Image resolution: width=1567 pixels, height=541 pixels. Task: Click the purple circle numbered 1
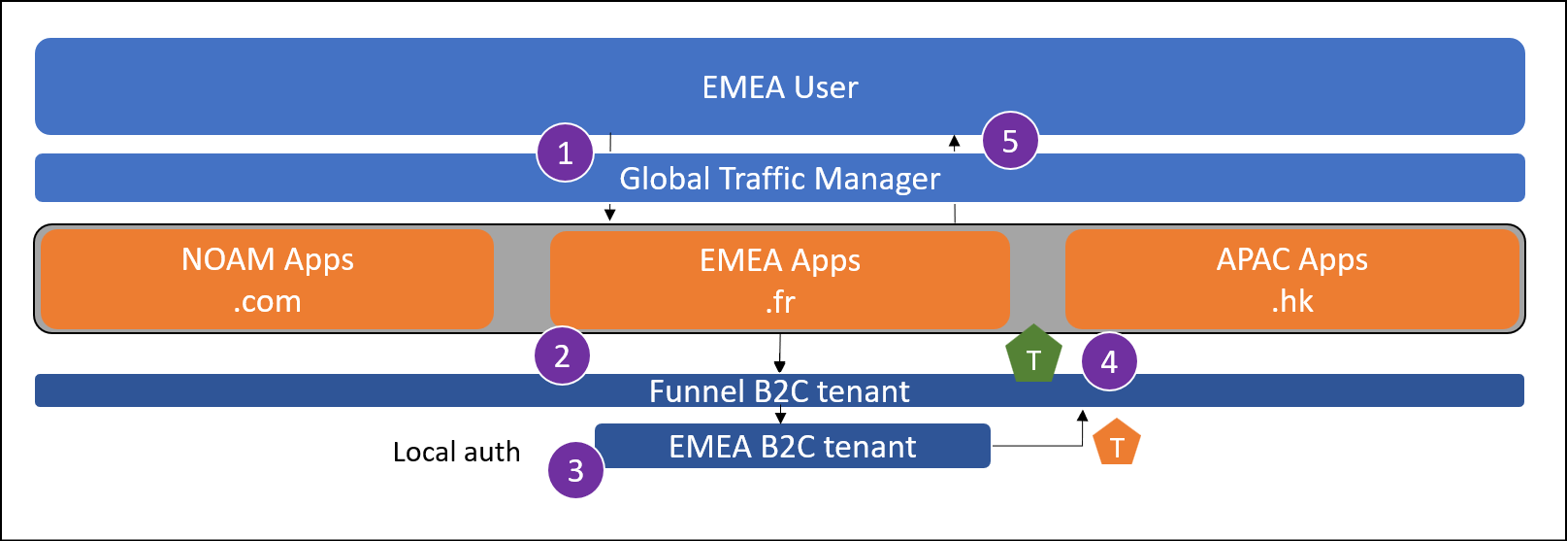pos(565,152)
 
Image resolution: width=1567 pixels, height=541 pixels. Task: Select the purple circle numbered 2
pos(562,355)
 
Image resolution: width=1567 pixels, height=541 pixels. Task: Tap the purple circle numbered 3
pos(575,470)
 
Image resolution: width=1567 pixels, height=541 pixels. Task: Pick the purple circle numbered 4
pos(1109,361)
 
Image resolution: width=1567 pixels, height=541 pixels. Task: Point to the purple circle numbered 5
pos(1010,141)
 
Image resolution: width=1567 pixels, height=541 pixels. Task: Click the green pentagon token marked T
pos(1033,355)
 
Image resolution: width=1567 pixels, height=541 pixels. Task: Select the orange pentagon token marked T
pos(1117,443)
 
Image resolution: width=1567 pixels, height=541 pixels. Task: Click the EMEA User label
pos(780,87)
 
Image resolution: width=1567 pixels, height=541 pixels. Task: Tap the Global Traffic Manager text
pos(780,179)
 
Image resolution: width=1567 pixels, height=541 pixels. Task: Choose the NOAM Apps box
pos(268,279)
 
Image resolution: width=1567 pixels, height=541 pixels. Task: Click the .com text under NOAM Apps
pos(267,301)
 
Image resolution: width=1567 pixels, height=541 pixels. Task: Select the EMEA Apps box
pos(780,279)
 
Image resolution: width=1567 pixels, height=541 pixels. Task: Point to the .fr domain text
pos(780,302)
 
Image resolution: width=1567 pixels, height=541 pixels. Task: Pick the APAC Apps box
pos(1292,279)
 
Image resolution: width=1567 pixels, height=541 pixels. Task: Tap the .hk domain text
pos(1292,301)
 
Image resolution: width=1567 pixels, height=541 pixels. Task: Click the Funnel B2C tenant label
pos(779,391)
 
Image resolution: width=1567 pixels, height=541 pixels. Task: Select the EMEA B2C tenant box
pos(793,446)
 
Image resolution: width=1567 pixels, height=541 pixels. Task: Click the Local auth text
pos(456,452)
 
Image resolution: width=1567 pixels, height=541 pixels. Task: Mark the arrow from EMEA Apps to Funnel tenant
pos(780,352)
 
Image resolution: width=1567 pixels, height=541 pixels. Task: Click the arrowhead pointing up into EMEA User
pos(955,142)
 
